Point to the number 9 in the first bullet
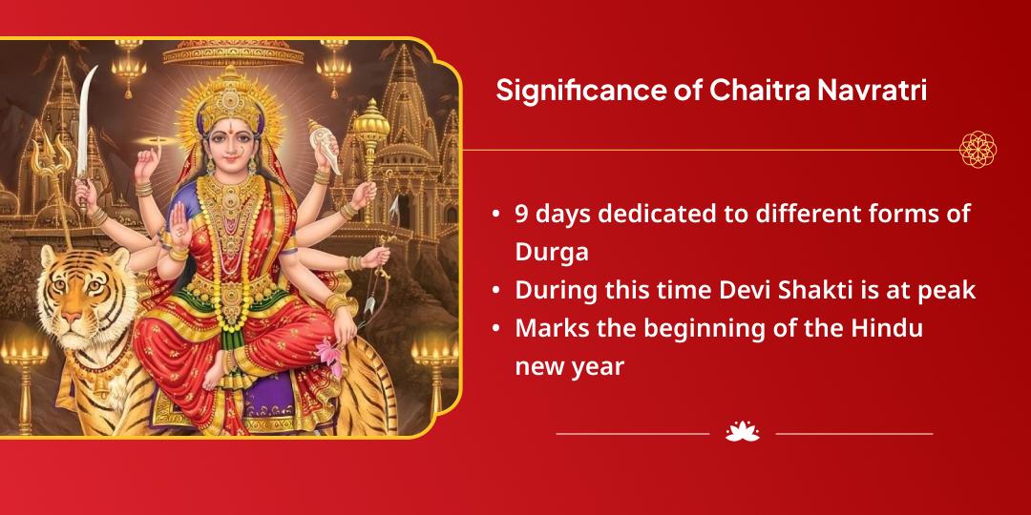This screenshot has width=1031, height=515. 522,214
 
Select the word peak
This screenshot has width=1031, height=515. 950,290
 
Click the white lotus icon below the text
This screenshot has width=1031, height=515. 742,432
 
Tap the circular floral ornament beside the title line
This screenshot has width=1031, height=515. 978,149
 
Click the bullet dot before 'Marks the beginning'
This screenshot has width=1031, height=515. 497,329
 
